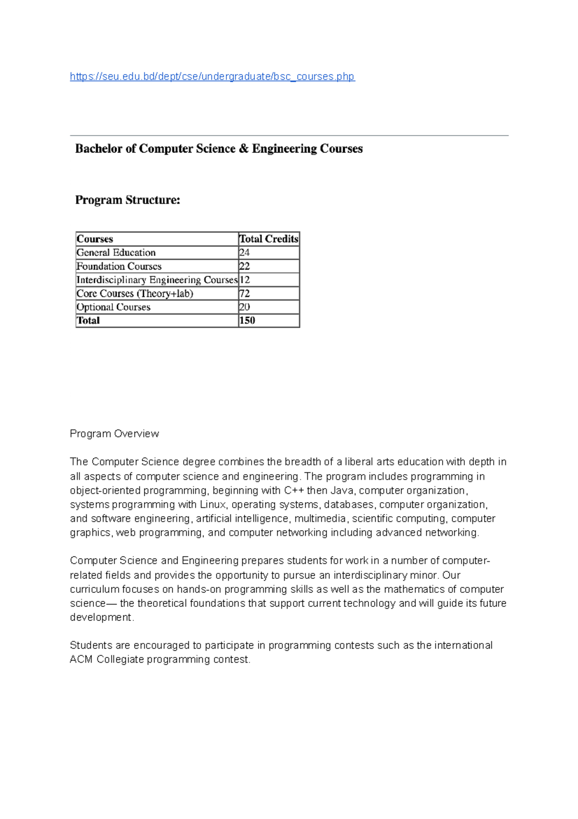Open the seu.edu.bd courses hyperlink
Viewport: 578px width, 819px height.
pyautogui.click(x=212, y=77)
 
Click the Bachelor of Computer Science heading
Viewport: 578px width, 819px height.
pyautogui.click(x=219, y=149)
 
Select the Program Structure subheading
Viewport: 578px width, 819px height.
pyautogui.click(x=128, y=200)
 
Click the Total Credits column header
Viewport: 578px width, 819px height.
pyautogui.click(x=269, y=239)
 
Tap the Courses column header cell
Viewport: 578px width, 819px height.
pyautogui.click(x=95, y=239)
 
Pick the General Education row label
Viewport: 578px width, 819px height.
pyautogui.click(x=116, y=252)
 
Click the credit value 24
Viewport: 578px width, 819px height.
pyautogui.click(x=245, y=252)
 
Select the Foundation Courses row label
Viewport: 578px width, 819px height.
pyautogui.click(x=119, y=266)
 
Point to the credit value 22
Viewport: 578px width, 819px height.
pyautogui.click(x=245, y=266)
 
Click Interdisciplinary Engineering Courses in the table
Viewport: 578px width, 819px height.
pyautogui.click(x=157, y=280)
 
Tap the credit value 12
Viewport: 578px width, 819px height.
pyautogui.click(x=245, y=280)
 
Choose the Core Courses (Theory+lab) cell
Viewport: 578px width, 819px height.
pyautogui.click(x=135, y=293)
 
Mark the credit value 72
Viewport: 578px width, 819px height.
pyautogui.click(x=245, y=293)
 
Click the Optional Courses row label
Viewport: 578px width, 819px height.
pyautogui.click(x=114, y=307)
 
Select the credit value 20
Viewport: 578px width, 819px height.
pyautogui.click(x=245, y=307)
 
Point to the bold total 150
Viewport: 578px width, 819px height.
pyautogui.click(x=247, y=320)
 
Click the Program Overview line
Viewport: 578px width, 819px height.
pyautogui.click(x=114, y=434)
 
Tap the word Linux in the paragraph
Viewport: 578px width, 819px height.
pyautogui.click(x=213, y=505)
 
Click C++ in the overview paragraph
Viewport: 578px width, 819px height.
pyautogui.click(x=294, y=491)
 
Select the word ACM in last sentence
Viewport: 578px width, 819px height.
pyautogui.click(x=81, y=659)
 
